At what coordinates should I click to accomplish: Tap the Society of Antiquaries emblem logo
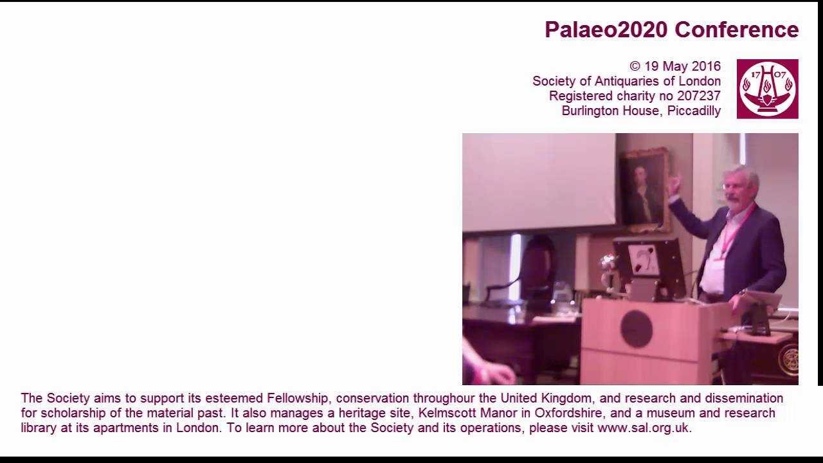[x=767, y=89]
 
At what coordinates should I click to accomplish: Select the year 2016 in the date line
[x=705, y=66]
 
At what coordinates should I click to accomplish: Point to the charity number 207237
[x=698, y=96]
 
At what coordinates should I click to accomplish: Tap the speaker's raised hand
[x=673, y=186]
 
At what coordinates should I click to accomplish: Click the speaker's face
[x=733, y=190]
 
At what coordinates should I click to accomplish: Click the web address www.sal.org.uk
[x=643, y=428]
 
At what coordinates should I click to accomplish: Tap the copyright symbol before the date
[x=635, y=66]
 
